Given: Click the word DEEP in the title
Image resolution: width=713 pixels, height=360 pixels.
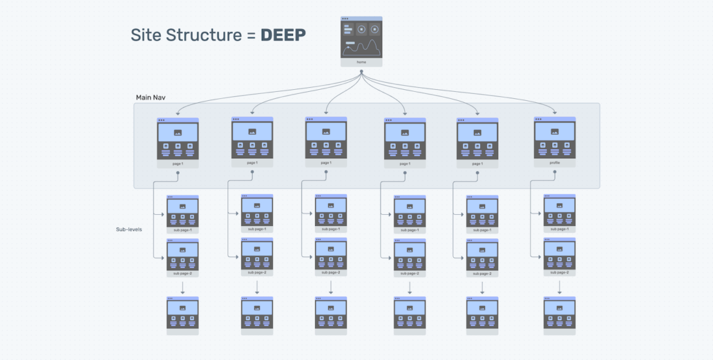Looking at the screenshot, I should [x=283, y=35].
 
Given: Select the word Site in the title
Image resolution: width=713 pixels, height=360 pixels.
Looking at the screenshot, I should [x=145, y=35].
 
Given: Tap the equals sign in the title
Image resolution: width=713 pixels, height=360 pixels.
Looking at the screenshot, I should [x=249, y=36].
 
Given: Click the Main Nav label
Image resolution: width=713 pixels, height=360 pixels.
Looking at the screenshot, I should [x=150, y=97].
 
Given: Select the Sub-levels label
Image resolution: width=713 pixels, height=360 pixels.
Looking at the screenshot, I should [x=129, y=229].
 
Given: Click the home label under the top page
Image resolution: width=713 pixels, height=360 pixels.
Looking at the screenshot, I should [x=361, y=62].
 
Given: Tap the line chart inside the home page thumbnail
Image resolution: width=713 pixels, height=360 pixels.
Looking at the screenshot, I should [x=361, y=47].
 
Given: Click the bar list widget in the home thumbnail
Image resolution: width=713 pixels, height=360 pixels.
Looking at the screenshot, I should [x=348, y=29].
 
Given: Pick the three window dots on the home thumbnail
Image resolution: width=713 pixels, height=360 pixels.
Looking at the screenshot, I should [x=345, y=19].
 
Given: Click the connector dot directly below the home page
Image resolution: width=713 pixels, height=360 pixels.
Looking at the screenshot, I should [x=361, y=70].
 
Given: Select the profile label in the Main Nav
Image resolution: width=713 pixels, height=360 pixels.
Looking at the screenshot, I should [x=555, y=163].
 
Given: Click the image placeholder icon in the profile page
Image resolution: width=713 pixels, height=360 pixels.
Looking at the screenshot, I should [x=555, y=132].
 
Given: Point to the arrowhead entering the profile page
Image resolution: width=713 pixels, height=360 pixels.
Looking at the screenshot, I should [x=555, y=113].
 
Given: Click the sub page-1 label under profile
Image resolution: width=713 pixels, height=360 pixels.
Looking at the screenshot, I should [x=560, y=229].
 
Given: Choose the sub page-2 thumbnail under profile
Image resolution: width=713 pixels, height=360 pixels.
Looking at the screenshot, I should [x=560, y=254].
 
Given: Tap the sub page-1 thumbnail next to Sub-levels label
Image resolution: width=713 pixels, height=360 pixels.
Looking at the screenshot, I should [x=182, y=211].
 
